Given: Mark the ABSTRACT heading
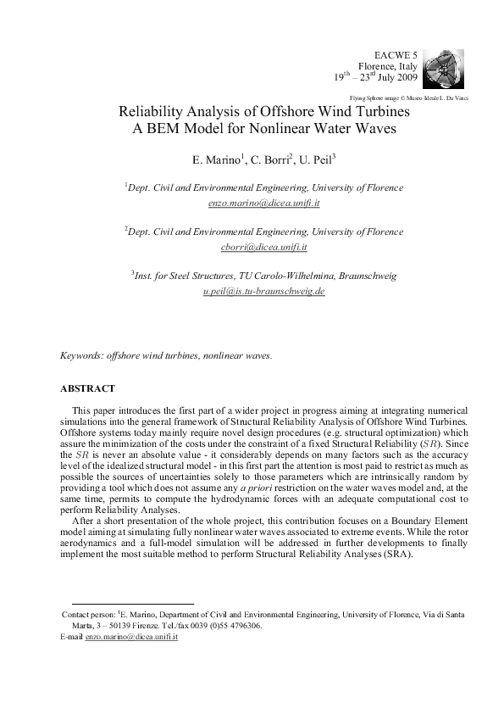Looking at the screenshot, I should (87, 388).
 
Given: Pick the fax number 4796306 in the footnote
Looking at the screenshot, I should (244, 625).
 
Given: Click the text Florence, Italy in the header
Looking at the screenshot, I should (388, 64).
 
